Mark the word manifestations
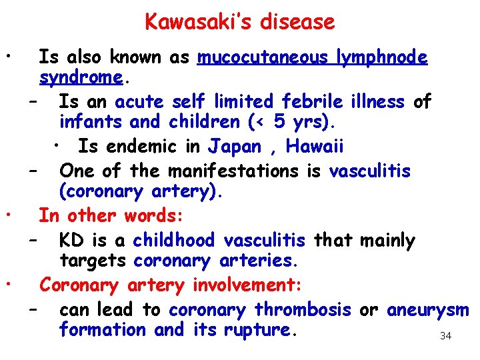233,171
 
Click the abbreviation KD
72,240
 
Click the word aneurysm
428,309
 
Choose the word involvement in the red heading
247,285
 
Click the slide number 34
446,336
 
